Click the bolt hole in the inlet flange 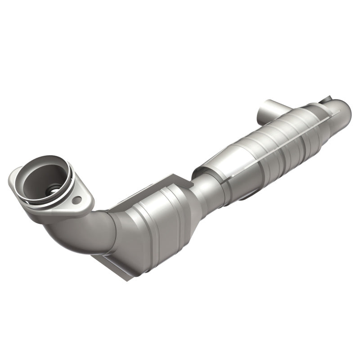78,199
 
